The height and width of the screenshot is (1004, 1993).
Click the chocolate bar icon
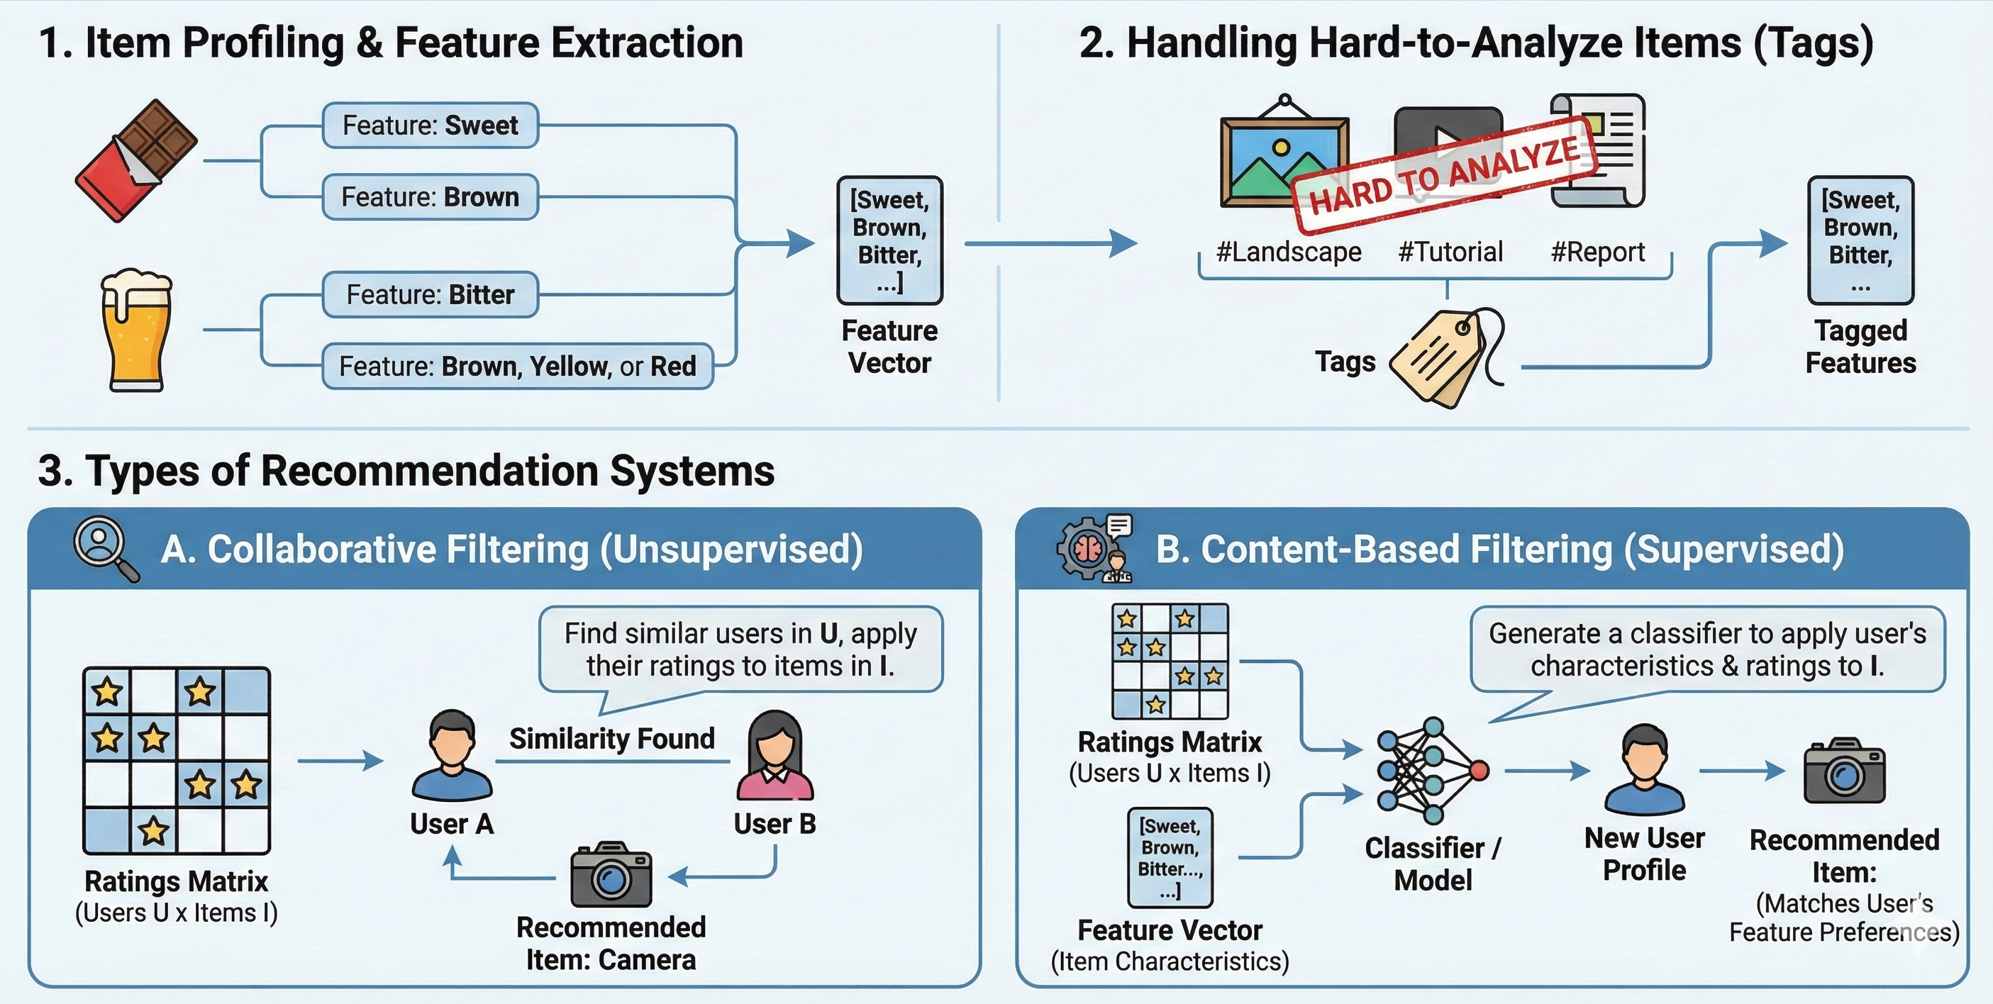click(x=137, y=160)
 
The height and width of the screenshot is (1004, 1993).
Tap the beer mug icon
click(x=136, y=330)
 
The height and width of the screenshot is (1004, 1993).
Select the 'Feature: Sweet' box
click(x=431, y=125)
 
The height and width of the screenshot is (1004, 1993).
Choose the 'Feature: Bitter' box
click(x=431, y=295)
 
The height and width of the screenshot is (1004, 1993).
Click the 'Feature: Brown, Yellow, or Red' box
click(x=517, y=366)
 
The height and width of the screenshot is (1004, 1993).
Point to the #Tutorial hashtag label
click(x=1450, y=252)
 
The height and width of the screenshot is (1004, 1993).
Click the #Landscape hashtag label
click(x=1288, y=252)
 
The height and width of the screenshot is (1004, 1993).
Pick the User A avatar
click(x=452, y=756)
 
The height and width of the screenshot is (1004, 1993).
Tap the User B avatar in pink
click(x=775, y=756)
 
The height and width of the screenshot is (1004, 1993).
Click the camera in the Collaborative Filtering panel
click(x=611, y=875)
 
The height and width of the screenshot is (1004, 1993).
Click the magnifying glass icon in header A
click(x=106, y=548)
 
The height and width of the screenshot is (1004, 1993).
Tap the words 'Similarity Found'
click(x=611, y=739)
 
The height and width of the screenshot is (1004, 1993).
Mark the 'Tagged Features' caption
click(x=1860, y=347)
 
